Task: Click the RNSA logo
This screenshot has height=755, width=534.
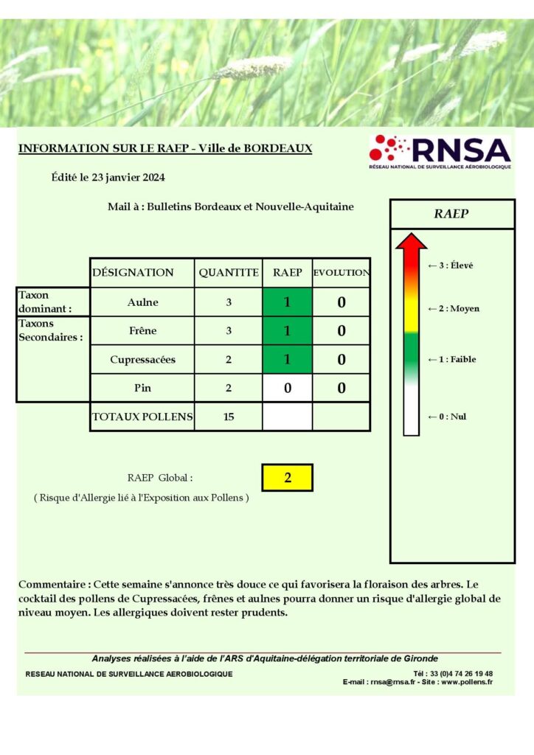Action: pos(440,153)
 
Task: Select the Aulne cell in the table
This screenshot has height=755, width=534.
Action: pos(142,302)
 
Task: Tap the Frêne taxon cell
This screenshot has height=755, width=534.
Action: pos(142,331)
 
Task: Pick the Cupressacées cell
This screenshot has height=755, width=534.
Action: pos(142,360)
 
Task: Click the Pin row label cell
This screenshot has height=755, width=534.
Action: pos(142,388)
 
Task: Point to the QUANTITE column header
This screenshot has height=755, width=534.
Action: pos(229,273)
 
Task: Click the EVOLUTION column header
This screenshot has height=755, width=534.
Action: pos(341,273)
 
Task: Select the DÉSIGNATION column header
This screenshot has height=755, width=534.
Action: pos(133,273)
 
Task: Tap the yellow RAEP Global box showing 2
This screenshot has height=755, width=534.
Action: pos(288,478)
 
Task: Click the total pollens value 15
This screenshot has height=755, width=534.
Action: pos(229,417)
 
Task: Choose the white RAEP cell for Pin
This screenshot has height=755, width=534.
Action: pos(288,388)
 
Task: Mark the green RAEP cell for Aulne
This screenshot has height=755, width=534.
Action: pos(288,302)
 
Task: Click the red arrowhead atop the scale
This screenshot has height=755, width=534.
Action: pos(411,242)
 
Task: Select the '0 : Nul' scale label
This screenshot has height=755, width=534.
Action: pos(447,417)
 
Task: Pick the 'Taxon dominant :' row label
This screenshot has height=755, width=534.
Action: pos(45,302)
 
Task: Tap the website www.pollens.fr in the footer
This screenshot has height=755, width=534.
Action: pos(467,682)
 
